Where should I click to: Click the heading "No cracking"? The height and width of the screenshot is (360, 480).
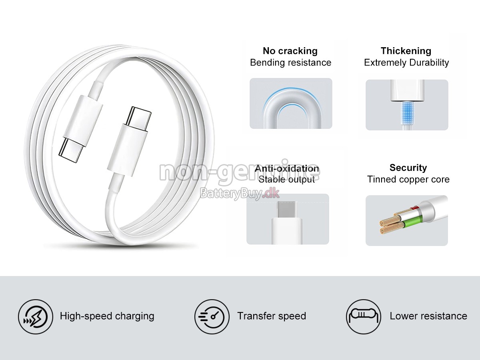coord(290,51)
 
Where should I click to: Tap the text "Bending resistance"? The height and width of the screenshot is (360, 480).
coord(290,62)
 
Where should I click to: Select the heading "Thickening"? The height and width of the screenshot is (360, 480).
coord(406,51)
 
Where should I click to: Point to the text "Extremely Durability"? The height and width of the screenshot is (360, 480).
coord(406,62)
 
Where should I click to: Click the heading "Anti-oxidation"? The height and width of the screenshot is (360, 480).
coord(287,168)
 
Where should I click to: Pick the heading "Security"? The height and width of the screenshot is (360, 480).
coord(408,168)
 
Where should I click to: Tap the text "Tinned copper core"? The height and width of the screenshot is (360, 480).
coord(408,179)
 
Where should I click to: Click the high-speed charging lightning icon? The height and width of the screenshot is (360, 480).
coord(35,316)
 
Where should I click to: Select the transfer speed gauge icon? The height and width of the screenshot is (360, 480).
coord(212,316)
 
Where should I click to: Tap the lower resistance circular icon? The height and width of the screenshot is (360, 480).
coord(363,316)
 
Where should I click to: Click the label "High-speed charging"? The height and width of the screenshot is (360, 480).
coord(107,316)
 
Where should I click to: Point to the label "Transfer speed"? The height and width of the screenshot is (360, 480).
coord(272,316)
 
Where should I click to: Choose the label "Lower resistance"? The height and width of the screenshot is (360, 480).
coord(428,316)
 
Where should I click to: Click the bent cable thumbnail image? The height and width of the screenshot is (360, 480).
coord(291,104)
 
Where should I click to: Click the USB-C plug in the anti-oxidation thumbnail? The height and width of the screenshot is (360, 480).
coord(287,210)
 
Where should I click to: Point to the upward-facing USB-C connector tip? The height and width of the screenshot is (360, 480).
coord(137,116)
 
